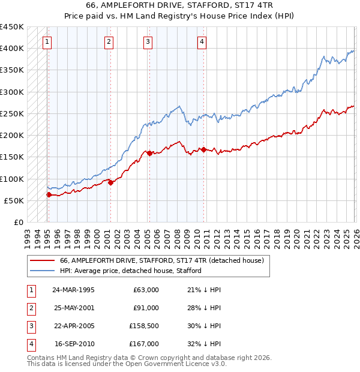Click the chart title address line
(x=180, y=6)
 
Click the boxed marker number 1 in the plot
(x=47, y=41)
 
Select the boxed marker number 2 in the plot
(x=109, y=41)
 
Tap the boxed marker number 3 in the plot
(x=148, y=41)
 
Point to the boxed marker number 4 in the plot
(x=202, y=41)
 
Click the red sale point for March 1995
(x=49, y=194)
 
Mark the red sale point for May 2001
(x=110, y=182)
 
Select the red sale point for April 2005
(x=149, y=153)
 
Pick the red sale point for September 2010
(x=203, y=149)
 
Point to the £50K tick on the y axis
(x=14, y=200)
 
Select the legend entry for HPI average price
(x=130, y=271)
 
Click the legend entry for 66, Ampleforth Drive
(x=161, y=260)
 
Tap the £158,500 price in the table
(x=144, y=327)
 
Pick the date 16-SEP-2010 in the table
(x=74, y=344)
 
